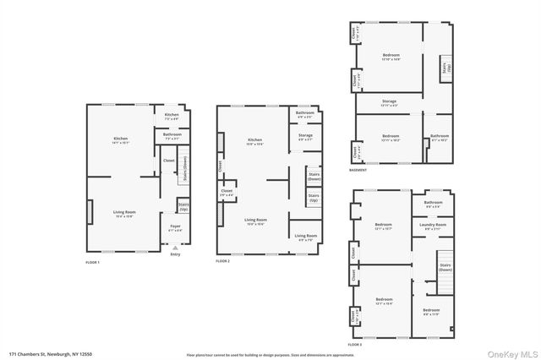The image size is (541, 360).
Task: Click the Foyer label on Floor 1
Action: [x=175, y=226]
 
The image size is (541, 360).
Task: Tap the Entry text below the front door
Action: [x=175, y=254]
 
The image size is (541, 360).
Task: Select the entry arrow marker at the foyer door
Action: [x=175, y=247]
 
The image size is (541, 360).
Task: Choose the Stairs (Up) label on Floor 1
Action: [x=183, y=205]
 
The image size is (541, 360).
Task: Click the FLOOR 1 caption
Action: [x=93, y=263]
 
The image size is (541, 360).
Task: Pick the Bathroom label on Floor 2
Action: [x=305, y=113]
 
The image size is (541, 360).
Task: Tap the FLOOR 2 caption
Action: [x=223, y=261]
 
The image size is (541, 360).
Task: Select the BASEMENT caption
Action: [x=358, y=170]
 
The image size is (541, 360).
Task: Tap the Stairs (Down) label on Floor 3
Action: [x=445, y=270]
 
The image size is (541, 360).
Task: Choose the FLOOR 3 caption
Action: [x=355, y=345]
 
